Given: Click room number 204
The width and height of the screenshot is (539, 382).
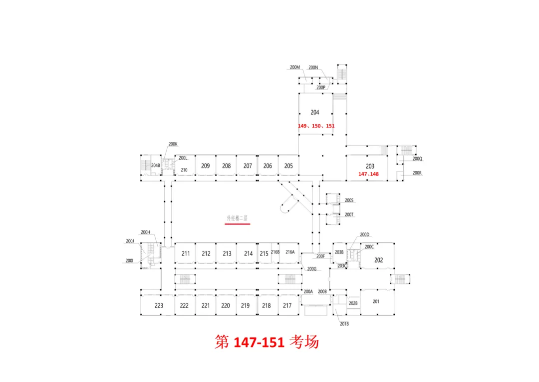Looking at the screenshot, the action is pos(314,112).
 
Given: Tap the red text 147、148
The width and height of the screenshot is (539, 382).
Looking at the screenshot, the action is pos(368,174).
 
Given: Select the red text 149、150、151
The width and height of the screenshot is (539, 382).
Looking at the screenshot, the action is pos(316,126).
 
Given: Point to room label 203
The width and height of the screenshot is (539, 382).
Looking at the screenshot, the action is pos(370,166).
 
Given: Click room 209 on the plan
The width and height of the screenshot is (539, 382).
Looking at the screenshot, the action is pos(205,165).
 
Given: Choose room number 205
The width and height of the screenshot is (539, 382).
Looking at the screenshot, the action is pos(288,165).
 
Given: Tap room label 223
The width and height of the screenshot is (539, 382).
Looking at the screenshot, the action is pos(159,305).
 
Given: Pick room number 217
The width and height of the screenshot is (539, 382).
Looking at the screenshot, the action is pos(287,305).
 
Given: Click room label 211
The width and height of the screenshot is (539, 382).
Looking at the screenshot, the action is pos(186,253).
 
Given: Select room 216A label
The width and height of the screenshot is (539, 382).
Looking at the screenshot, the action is pos(290,252).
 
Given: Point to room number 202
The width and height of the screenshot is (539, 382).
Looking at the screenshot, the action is pos(378,259).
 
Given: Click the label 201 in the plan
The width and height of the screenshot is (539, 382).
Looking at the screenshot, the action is pos(376,301).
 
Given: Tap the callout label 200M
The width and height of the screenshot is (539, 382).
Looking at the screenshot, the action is pos(295,67).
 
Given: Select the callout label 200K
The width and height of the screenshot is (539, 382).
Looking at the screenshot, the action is pos(173,144).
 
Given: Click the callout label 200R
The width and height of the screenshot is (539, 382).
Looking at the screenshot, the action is pos(417,173).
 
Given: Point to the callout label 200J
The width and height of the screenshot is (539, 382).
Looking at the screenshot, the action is pos(130,241).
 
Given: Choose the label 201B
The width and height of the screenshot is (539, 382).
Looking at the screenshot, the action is pos(344,324).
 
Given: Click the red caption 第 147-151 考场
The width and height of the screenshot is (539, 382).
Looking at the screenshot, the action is pos(267,342).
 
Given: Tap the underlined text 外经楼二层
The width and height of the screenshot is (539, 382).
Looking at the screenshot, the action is pos(238,218).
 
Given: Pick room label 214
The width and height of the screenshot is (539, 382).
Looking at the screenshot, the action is pos(248,253).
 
